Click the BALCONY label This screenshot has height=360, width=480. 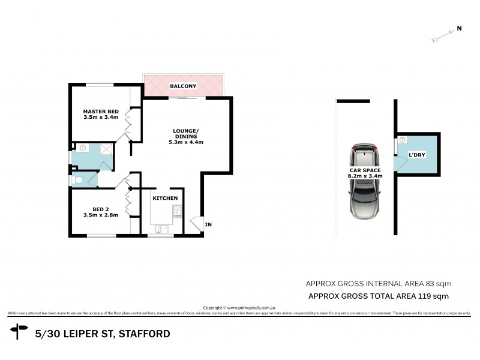point(183,86)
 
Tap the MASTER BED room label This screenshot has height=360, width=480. point(101,112)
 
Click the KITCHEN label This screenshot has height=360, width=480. point(164,198)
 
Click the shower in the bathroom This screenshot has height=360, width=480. point(105,150)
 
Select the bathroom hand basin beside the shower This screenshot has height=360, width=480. point(81,148)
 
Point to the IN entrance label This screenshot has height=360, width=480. point(208,225)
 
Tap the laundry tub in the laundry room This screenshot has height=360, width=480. point(402,140)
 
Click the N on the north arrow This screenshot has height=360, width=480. point(459,28)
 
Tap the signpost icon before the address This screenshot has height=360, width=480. point(19,331)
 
